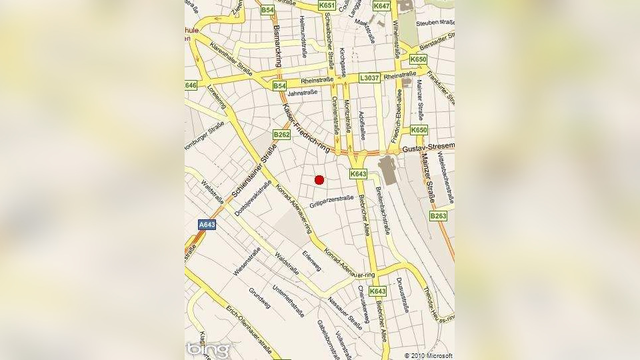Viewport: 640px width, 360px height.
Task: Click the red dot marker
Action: click(319, 179)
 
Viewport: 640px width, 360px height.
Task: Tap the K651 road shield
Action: click(327, 5)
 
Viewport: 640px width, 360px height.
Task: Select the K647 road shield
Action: click(381, 5)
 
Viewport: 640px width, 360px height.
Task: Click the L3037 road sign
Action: click(369, 78)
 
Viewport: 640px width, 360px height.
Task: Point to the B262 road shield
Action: click(282, 135)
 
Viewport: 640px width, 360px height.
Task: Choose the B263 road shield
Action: click(438, 216)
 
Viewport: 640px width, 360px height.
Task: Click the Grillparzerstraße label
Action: click(331, 200)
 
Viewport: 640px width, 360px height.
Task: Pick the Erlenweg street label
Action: click(311, 262)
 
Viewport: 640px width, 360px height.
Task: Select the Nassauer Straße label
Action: click(345, 313)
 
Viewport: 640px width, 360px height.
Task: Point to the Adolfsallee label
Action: click(361, 122)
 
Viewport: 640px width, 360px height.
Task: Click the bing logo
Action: click(207, 349)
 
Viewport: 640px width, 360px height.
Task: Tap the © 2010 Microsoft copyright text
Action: click(429, 355)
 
